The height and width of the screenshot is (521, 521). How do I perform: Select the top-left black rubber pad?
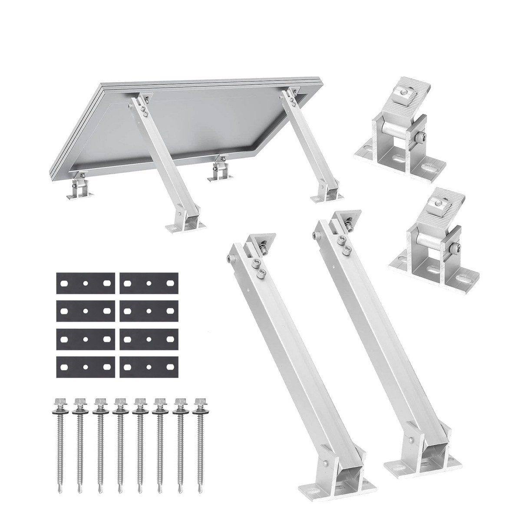(85, 283)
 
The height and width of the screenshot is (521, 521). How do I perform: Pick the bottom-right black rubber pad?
(149, 366)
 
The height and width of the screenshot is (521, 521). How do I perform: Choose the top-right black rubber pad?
(149, 283)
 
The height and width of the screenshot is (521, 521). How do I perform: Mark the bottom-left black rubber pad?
(85, 366)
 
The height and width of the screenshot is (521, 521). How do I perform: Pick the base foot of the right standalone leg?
(399, 456)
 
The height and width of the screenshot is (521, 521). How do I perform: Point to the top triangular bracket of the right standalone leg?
(345, 221)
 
